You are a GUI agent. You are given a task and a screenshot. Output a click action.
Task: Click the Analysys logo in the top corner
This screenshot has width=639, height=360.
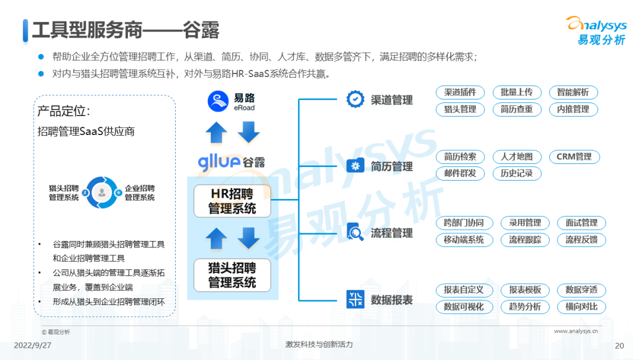596,30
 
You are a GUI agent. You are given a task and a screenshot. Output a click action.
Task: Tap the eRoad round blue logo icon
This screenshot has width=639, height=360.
218,101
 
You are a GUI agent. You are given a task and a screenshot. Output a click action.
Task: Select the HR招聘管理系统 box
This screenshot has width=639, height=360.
232,201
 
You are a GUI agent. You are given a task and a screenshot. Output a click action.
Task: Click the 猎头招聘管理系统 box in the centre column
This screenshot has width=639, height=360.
232,275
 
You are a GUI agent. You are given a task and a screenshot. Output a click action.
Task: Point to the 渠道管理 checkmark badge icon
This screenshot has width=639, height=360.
355,100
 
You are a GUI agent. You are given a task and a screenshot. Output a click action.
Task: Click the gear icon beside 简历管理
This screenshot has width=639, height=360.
355,166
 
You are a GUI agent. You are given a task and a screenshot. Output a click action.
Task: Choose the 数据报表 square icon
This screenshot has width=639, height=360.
355,300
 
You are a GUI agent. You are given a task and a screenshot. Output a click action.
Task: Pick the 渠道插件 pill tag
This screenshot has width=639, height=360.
460,92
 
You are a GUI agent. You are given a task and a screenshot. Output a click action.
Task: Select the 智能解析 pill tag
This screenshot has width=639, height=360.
573,92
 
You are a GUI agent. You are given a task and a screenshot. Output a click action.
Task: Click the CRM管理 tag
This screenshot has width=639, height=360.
574,157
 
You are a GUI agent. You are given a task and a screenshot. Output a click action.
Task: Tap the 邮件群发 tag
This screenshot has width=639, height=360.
460,173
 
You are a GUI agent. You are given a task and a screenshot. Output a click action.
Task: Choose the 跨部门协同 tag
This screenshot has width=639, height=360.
463,223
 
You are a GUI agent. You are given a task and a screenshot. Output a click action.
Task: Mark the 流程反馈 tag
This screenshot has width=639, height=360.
581,240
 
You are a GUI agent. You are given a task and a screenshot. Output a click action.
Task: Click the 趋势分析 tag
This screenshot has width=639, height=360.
521,307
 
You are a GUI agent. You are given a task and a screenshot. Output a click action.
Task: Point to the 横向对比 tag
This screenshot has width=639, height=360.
581,307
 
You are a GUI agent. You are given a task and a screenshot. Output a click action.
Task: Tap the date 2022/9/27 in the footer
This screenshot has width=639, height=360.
33,345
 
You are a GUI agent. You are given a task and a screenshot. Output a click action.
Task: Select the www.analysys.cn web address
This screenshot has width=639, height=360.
575,332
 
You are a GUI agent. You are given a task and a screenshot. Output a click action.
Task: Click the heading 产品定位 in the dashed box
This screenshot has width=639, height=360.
63,111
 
